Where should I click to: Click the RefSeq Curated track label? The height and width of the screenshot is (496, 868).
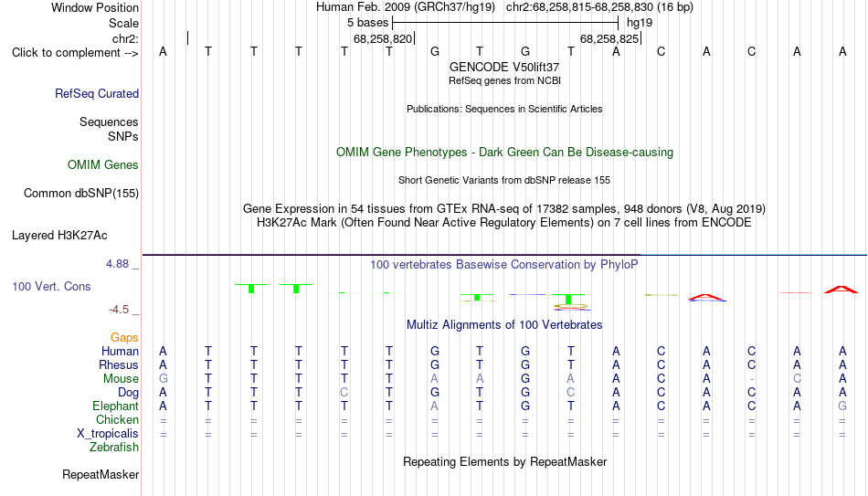(96, 93)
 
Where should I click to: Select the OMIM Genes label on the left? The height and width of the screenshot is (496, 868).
(102, 165)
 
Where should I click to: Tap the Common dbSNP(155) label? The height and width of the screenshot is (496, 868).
(80, 194)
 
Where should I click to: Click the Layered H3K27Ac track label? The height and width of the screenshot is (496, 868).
(59, 236)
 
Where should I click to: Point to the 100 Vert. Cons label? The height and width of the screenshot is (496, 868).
(51, 286)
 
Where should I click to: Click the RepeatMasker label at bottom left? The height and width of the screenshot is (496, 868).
(101, 474)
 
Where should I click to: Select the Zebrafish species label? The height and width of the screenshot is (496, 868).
(114, 447)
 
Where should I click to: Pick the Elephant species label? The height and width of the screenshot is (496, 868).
(115, 406)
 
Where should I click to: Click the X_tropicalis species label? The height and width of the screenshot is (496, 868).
(108, 434)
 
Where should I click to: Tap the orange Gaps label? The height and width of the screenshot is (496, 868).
(124, 337)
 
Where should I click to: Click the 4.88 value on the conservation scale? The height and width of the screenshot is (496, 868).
(117, 263)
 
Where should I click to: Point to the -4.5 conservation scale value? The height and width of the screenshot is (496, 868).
(119, 310)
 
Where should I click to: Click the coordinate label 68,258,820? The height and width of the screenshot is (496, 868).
(383, 38)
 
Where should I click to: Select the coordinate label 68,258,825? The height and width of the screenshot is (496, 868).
(609, 38)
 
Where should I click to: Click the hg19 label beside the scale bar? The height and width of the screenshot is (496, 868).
(640, 23)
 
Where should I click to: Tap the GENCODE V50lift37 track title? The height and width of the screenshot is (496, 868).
(504, 67)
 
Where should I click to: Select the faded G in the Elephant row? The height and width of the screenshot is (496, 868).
(842, 406)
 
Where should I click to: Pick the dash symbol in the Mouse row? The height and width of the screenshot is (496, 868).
(751, 379)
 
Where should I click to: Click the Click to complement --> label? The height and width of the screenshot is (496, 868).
(75, 53)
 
